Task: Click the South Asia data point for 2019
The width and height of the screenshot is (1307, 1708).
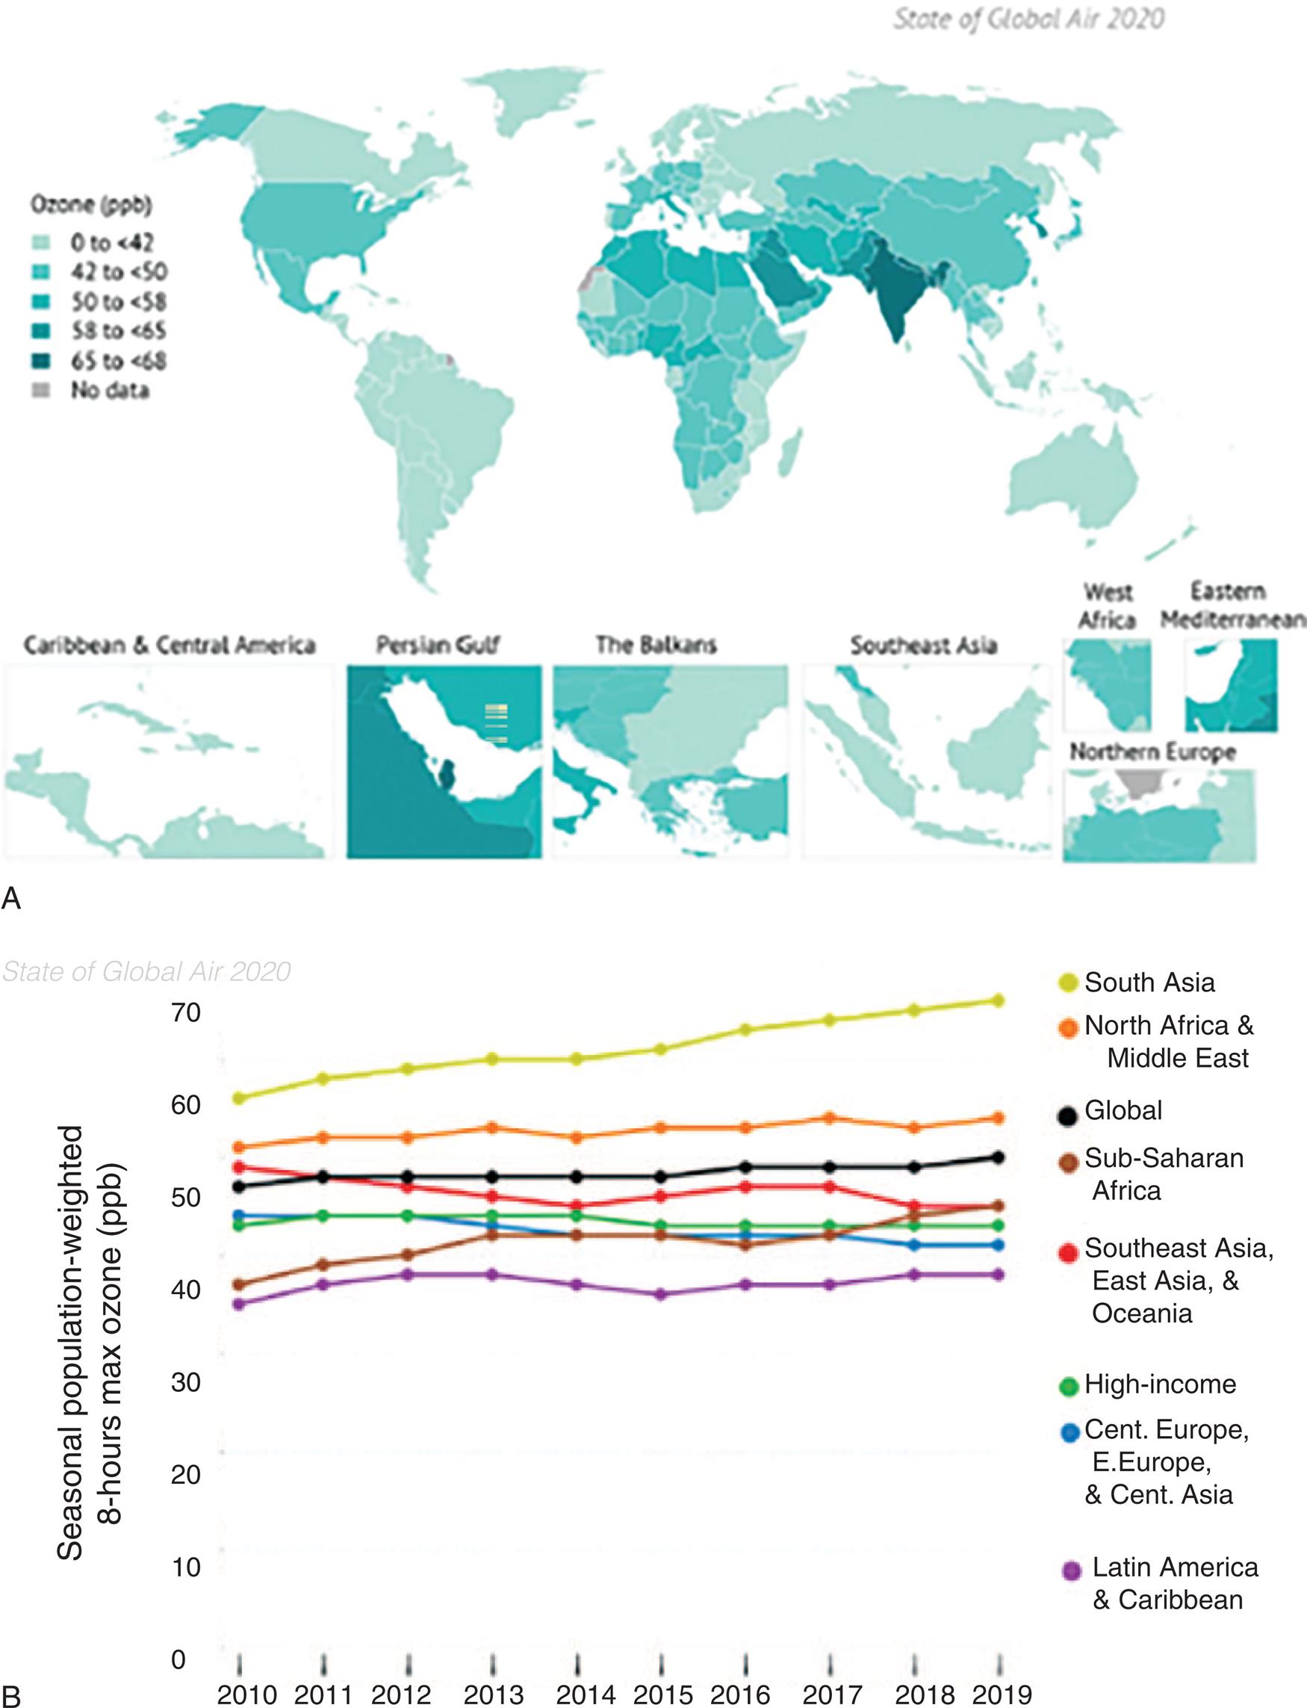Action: [x=1000, y=1000]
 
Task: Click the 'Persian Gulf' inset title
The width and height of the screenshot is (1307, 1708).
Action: [x=437, y=645]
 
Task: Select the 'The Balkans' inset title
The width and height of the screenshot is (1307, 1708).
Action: [x=656, y=645]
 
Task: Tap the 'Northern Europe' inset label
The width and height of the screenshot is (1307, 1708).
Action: [x=1152, y=752]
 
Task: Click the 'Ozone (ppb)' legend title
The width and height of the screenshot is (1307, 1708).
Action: [x=91, y=205]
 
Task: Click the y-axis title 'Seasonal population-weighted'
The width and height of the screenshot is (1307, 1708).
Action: [x=70, y=1343]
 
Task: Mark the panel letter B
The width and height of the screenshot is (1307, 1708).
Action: [x=11, y=1694]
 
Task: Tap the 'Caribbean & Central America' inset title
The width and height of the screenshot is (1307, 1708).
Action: [x=170, y=645]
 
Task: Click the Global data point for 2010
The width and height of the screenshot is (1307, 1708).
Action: [x=240, y=1186]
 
